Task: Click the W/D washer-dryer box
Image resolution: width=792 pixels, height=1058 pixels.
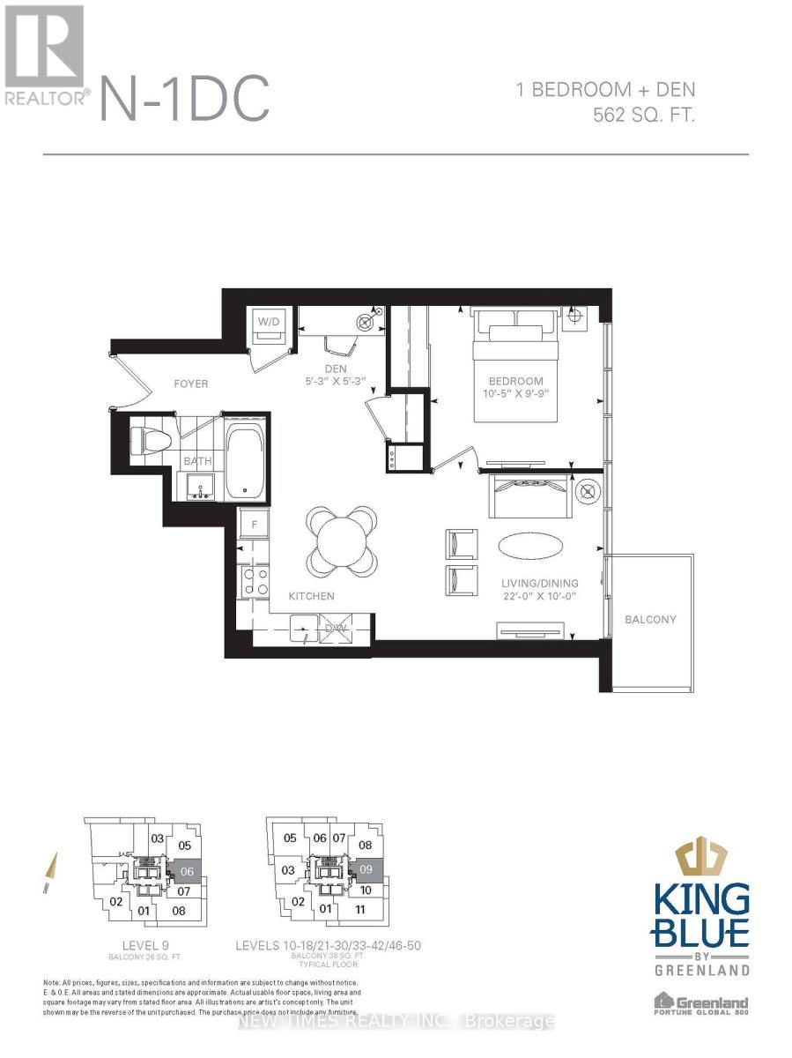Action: tap(267, 322)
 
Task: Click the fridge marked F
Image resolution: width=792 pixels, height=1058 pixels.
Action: tap(255, 523)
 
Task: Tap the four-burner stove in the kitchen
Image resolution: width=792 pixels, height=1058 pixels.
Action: tap(255, 582)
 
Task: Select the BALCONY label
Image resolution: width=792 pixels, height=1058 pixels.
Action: tap(650, 619)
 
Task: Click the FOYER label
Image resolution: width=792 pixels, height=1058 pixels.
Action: tap(190, 384)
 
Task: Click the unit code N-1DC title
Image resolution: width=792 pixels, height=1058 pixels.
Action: tap(185, 100)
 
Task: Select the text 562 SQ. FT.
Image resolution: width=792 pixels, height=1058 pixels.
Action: tap(644, 115)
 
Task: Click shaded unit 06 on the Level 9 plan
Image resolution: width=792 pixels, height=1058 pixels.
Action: tap(186, 869)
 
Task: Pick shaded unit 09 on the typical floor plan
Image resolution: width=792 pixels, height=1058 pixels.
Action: tap(367, 869)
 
